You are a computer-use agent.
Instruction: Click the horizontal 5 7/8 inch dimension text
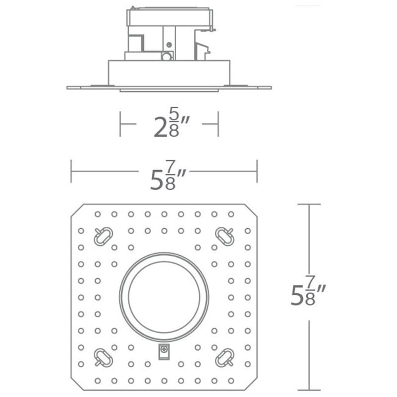(x=164, y=175)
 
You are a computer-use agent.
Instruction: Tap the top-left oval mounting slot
(x=103, y=237)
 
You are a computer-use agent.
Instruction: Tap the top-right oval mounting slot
(x=225, y=237)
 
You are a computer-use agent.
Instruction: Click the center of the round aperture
(x=164, y=297)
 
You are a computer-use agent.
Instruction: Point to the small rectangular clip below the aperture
(x=163, y=351)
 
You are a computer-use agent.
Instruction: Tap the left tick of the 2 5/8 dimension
(x=120, y=124)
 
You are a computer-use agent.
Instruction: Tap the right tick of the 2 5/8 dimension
(x=218, y=124)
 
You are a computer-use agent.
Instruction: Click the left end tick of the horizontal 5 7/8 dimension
(x=71, y=171)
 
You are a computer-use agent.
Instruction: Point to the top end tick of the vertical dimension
(x=309, y=204)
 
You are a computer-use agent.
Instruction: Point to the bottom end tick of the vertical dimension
(x=309, y=390)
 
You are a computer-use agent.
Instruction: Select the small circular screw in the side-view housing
(x=166, y=56)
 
